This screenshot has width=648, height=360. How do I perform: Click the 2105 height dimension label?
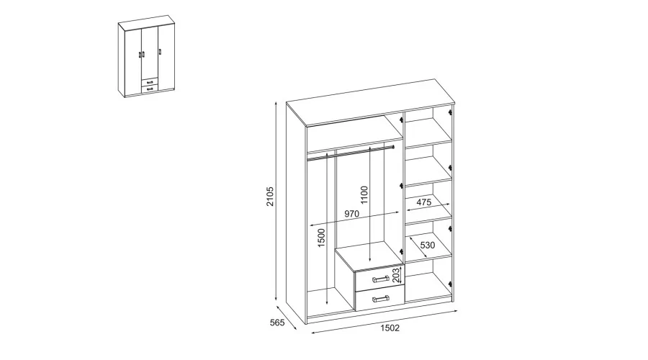click(x=270, y=197)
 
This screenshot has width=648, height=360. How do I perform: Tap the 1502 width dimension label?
click(x=390, y=328)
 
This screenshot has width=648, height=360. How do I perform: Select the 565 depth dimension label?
click(x=277, y=323)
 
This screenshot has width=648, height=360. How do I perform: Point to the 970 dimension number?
click(x=351, y=214)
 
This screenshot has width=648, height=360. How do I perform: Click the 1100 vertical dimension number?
click(x=364, y=194)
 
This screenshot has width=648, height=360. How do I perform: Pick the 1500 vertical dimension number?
click(x=321, y=238)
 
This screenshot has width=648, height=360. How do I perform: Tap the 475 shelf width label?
click(x=423, y=202)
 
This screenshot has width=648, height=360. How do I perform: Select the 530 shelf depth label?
click(x=428, y=245)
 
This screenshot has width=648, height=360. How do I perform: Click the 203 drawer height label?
click(x=396, y=275)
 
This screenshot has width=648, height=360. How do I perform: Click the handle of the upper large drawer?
click(x=381, y=279)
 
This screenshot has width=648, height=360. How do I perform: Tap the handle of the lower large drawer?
click(x=381, y=298)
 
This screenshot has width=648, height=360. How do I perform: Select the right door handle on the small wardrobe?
click(x=160, y=52)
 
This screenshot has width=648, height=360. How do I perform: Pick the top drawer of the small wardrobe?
click(x=150, y=82)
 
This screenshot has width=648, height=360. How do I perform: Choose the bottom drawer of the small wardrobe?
click(x=150, y=89)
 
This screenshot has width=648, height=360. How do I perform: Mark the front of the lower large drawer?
click(x=379, y=299)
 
